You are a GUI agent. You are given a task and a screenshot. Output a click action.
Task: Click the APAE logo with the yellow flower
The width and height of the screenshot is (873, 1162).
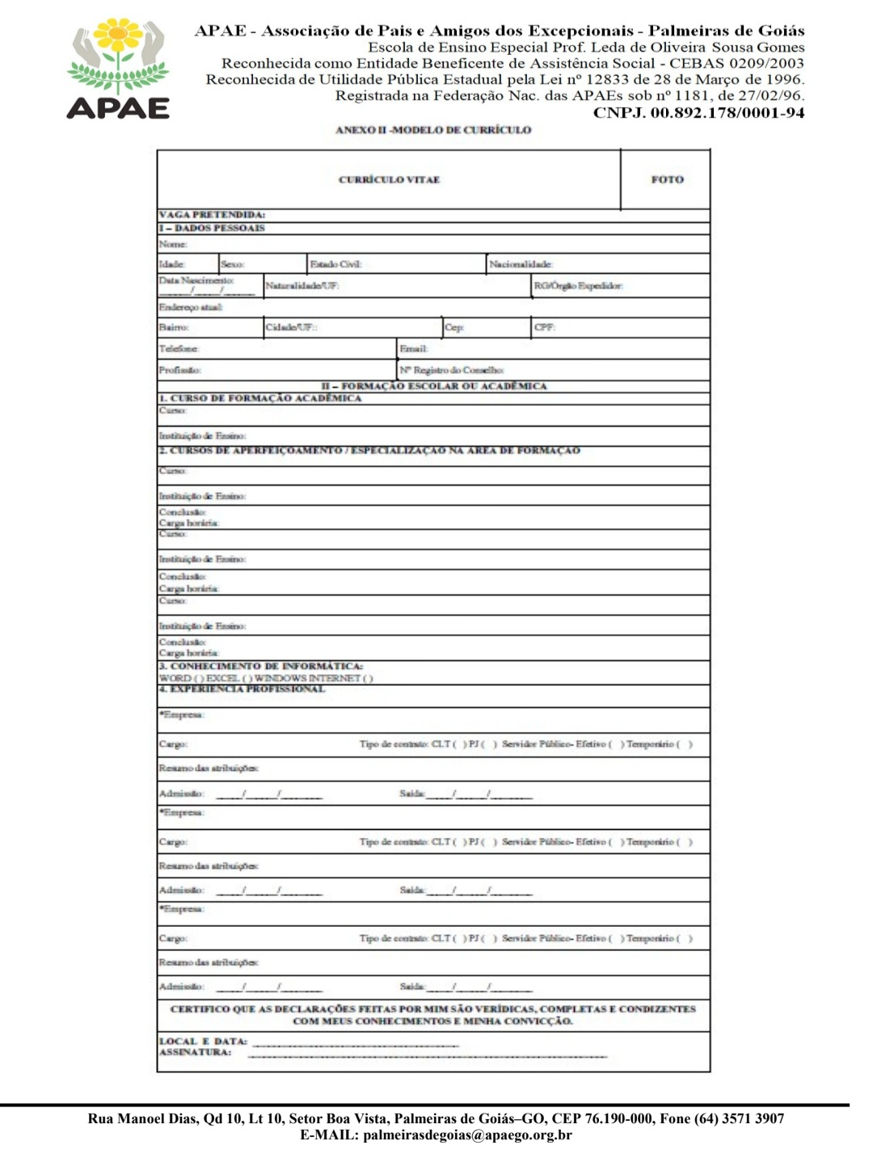(118, 70)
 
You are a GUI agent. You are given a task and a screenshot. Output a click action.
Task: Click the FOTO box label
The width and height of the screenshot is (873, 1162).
(667, 179)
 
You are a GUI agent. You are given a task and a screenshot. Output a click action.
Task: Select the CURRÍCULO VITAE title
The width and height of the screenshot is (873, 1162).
(389, 179)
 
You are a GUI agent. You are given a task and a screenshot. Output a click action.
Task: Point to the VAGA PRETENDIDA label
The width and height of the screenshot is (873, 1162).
(212, 215)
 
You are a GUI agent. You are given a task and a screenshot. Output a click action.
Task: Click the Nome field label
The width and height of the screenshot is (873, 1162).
(173, 244)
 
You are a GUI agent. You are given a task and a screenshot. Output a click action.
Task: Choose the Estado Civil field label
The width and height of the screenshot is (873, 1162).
(335, 264)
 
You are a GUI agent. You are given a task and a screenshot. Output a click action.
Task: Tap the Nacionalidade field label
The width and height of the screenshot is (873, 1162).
(521, 264)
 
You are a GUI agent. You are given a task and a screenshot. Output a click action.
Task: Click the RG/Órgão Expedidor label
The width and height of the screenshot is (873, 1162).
(578, 285)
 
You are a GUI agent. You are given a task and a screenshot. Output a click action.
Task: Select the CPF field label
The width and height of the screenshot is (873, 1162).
(544, 327)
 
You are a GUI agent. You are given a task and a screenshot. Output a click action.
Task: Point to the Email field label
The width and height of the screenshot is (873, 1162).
(413, 349)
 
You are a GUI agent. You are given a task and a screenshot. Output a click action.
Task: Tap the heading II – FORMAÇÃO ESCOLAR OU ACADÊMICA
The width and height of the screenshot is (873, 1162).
(434, 386)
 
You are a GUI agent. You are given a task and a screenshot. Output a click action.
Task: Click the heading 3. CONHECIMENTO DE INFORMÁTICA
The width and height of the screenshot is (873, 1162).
(260, 667)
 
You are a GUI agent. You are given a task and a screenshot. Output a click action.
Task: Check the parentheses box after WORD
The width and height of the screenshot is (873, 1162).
(198, 679)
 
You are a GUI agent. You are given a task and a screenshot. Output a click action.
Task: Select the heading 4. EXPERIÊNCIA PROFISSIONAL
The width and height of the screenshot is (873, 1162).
(242, 689)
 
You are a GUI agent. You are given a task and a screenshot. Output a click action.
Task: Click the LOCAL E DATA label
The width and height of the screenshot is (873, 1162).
(203, 1042)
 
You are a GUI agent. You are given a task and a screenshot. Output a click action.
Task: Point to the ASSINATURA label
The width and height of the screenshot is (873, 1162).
(195, 1052)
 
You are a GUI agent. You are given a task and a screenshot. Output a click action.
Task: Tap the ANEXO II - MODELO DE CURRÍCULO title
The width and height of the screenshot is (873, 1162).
(433, 129)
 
